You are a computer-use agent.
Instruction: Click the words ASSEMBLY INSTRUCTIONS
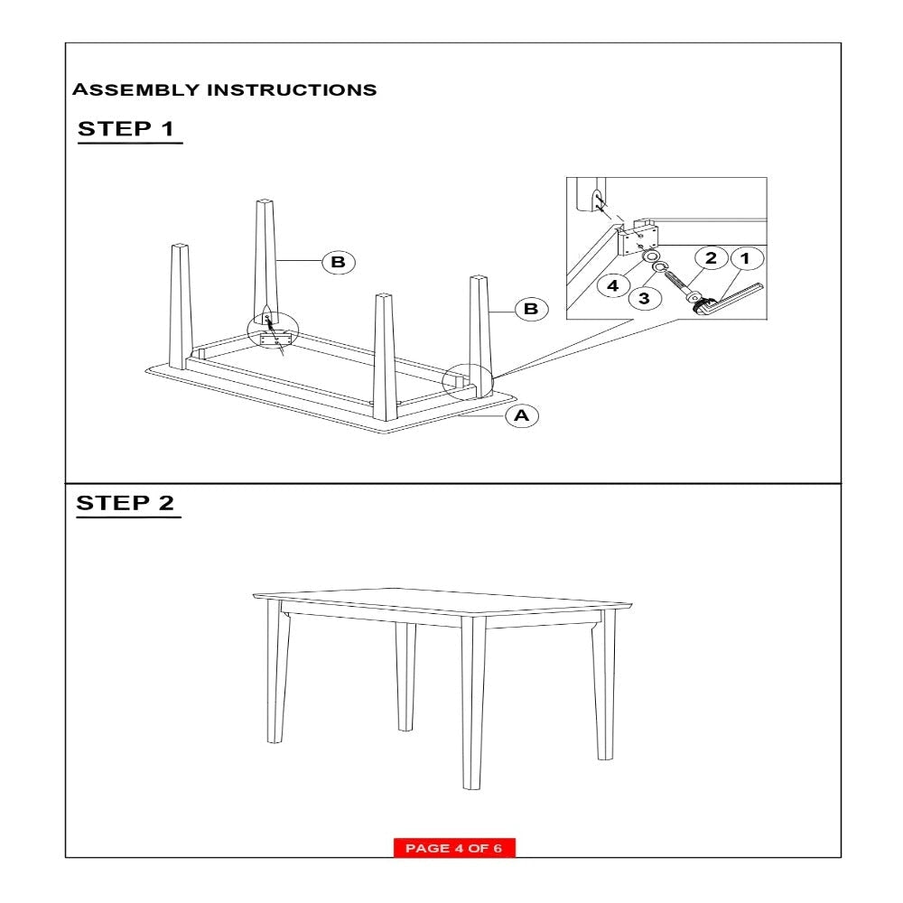coord(224,90)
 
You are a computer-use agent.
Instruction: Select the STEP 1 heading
coord(126,128)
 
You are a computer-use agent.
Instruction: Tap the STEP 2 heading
coord(126,503)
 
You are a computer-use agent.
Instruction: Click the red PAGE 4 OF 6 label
coord(453,848)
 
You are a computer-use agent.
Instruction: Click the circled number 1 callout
coord(745,259)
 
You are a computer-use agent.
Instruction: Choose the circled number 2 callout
coord(711,259)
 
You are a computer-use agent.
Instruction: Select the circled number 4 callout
coord(612,285)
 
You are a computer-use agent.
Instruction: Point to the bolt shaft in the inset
coord(675,283)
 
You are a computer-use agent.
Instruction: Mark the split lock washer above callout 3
coord(660,268)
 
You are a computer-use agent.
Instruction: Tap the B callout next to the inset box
coord(531,310)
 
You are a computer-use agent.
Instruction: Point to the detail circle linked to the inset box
coord(468,382)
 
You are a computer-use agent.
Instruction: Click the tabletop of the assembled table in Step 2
coord(442,600)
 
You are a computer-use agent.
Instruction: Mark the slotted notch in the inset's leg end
coord(598,200)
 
